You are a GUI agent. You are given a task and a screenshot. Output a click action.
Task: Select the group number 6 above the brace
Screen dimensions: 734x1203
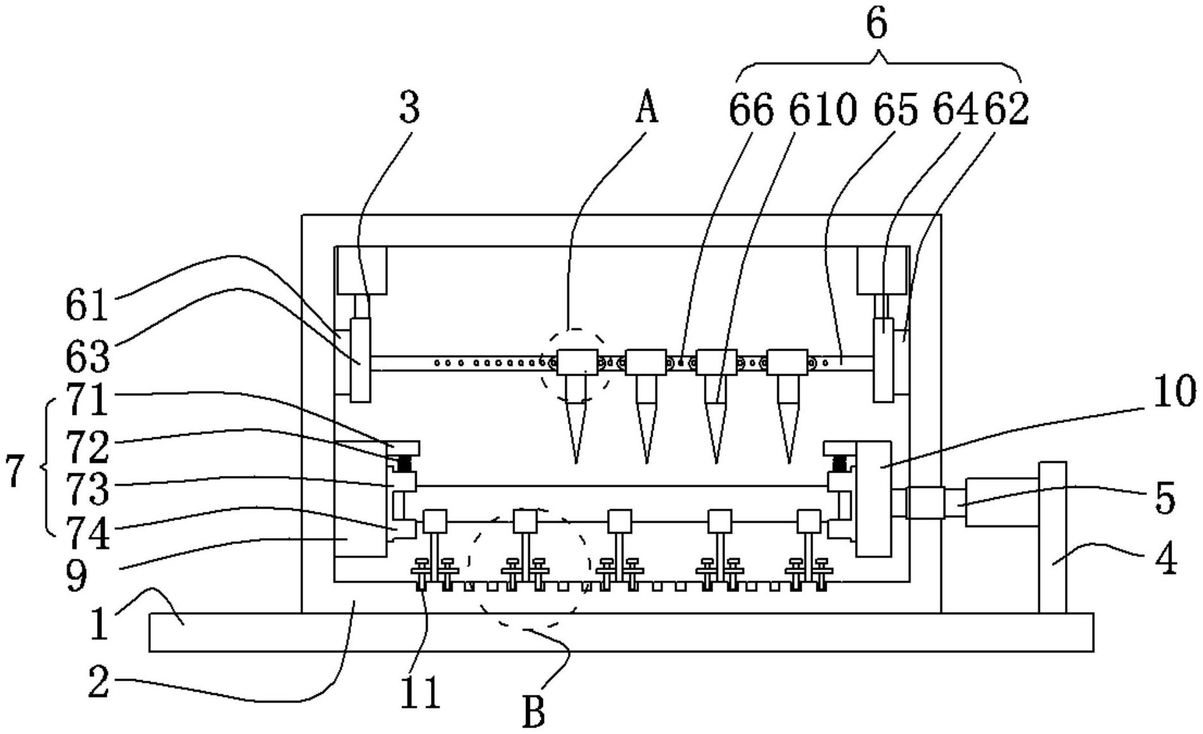pos(877,26)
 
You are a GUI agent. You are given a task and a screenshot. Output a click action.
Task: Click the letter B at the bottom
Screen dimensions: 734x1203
pos(534,711)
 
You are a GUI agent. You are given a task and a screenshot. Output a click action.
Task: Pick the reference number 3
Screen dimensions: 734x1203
pos(409,108)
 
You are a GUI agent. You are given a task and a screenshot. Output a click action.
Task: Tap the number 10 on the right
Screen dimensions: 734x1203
pos(1175,392)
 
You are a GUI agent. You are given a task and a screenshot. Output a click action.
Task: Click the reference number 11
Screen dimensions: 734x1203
pos(421,692)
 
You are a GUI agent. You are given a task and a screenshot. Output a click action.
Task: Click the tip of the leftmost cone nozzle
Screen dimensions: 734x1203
pos(576,462)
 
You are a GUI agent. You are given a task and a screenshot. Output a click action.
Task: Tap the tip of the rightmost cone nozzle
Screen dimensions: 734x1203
pos(789,462)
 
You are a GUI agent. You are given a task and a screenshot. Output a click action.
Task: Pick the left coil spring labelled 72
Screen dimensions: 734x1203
pos(404,463)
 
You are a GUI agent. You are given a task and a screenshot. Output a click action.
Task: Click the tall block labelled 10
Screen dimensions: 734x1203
pos(874,498)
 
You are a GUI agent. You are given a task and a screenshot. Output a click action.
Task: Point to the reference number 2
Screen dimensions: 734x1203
pos(98,684)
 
